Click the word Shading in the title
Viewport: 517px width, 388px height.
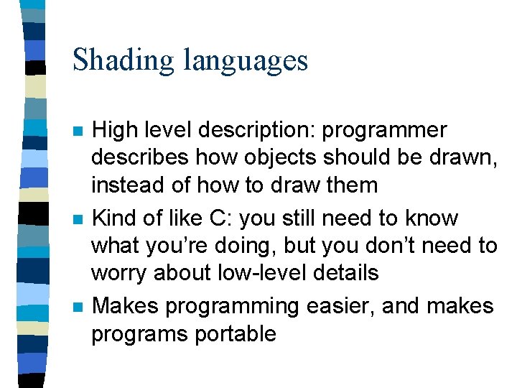(123, 60)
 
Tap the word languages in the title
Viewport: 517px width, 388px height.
(246, 60)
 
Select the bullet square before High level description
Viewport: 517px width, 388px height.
(78, 131)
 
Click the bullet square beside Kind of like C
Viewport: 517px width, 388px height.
(78, 219)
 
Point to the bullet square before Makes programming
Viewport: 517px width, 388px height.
(78, 308)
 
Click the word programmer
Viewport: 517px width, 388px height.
(384, 131)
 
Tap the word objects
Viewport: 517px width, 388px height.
(280, 158)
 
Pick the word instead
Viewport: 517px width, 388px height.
(127, 185)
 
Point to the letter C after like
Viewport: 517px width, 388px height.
(218, 218)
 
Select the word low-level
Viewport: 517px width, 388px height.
(262, 272)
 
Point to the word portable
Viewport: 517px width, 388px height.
(236, 333)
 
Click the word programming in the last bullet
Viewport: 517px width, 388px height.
(232, 308)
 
